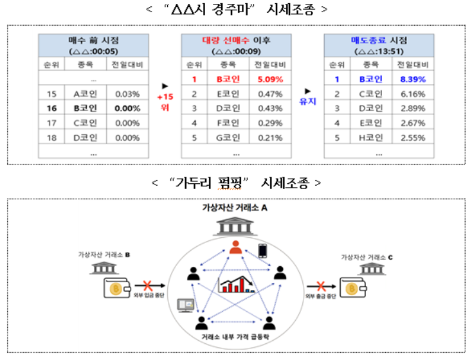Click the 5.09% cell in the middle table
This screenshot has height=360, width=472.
click(270, 79)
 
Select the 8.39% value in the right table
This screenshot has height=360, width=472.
click(413, 79)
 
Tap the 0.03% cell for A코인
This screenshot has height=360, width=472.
click(127, 94)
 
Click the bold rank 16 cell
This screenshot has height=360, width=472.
click(52, 109)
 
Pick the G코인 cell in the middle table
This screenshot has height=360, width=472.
click(228, 138)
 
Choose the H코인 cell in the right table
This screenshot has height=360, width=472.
click(370, 138)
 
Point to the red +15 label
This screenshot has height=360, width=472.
click(165, 97)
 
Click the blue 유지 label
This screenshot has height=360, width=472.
click(307, 101)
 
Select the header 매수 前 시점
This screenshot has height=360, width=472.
click(94, 40)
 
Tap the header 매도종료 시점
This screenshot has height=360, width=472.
click(379, 40)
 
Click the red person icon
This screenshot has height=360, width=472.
click(235, 247)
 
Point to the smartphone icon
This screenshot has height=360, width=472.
click(262, 251)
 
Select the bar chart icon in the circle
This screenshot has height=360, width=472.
click(236, 284)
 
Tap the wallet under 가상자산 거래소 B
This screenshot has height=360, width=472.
click(117, 288)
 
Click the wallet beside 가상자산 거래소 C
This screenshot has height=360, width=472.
click(353, 288)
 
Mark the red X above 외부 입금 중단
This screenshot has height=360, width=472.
click(147, 285)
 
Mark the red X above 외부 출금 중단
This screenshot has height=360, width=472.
click(321, 286)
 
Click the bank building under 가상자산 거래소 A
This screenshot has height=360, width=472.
click(235, 226)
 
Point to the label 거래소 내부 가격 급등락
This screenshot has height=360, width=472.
click(235, 337)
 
